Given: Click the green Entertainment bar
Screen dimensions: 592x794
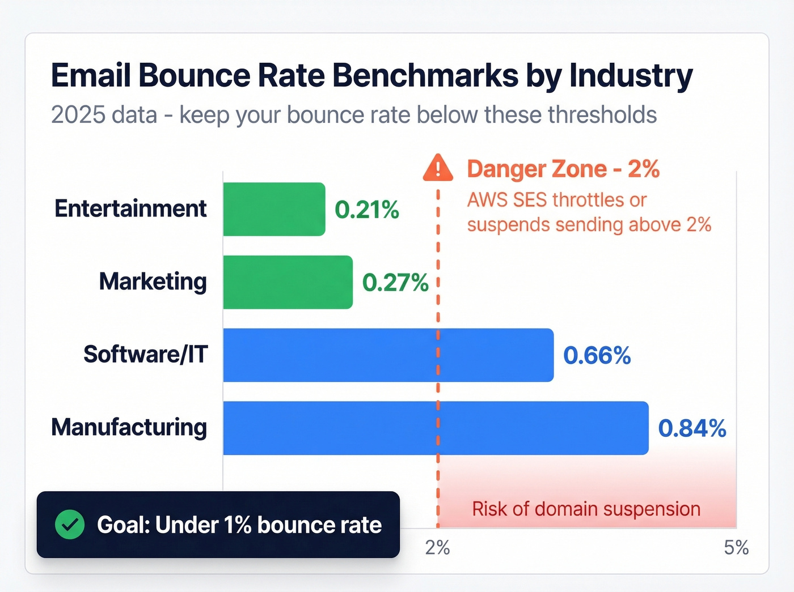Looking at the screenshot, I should click(x=274, y=209).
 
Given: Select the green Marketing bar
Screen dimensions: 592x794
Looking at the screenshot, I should click(x=288, y=282).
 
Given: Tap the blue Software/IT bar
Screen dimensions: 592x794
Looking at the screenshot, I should click(x=388, y=355).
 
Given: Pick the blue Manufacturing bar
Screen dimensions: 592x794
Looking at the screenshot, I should click(x=436, y=428).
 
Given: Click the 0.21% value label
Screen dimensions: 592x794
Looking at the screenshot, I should click(x=367, y=210).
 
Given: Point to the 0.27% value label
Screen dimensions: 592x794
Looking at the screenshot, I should click(x=395, y=283).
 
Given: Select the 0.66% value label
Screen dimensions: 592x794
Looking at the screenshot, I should click(x=597, y=356).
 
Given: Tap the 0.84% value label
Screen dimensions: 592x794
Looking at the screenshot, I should click(x=692, y=429).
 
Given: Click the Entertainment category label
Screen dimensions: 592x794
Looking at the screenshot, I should click(x=130, y=209).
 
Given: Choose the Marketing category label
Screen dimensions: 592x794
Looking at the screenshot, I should click(x=153, y=282).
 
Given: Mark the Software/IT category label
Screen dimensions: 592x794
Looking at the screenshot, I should click(x=146, y=355).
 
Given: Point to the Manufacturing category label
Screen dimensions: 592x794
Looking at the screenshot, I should click(x=129, y=428).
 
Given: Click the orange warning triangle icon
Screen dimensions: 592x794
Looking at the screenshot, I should click(x=438, y=168).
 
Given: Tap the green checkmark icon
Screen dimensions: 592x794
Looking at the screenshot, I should click(x=70, y=525).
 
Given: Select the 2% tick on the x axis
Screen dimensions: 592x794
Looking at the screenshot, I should click(x=437, y=547).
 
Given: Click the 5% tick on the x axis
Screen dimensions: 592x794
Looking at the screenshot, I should click(x=736, y=547).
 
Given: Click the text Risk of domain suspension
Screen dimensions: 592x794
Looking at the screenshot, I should click(x=586, y=509).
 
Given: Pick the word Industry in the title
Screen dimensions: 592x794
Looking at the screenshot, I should click(x=631, y=75).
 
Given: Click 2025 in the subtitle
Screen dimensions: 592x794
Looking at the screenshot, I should click(x=76, y=115).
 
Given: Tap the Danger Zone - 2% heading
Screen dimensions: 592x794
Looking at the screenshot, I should click(x=563, y=169).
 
